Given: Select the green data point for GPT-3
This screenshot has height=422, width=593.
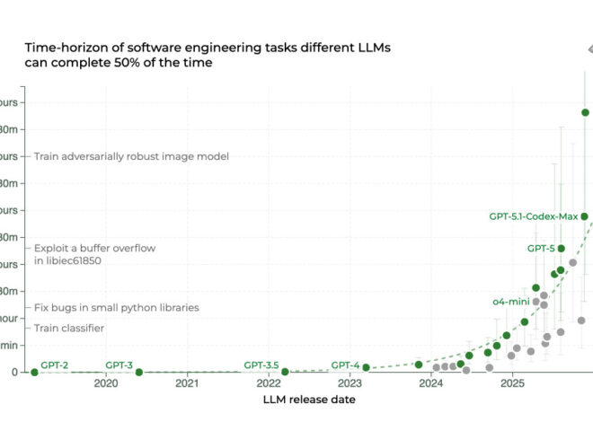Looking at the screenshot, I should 138,372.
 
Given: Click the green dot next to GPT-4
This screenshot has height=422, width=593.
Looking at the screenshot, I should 366,368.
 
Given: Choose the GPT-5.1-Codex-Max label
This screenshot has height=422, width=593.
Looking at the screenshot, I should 533,216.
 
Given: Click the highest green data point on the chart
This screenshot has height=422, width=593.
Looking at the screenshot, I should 585,112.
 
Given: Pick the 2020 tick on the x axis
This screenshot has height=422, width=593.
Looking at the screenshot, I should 105,383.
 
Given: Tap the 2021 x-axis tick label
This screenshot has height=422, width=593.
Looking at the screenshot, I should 187,383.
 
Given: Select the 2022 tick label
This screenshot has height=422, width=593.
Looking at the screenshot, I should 268,383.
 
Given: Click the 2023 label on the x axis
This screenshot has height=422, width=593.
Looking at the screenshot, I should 350,383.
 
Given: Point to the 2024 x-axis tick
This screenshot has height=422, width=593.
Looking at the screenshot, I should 431,383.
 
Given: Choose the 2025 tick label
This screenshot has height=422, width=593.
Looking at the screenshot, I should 512,383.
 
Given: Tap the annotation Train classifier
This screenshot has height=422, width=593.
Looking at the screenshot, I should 69,329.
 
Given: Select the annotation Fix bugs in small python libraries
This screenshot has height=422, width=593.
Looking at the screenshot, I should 117,308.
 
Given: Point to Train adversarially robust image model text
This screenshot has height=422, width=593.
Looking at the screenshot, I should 131,156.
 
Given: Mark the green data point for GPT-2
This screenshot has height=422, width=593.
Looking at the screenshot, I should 34,372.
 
